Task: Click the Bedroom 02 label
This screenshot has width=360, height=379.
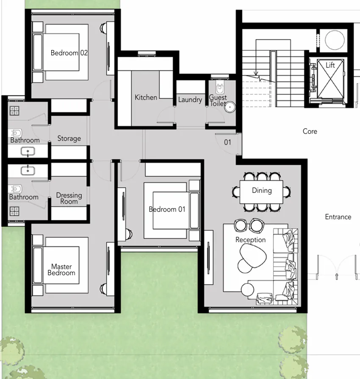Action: point(69,53)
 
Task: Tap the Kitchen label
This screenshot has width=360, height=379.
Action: point(146,98)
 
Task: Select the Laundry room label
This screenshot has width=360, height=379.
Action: point(190,100)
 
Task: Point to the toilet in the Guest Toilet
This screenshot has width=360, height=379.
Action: point(219,89)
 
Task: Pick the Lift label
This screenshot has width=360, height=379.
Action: point(330,65)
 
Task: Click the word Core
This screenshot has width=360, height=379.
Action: point(310,131)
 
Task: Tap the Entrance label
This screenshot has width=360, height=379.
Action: point(338,217)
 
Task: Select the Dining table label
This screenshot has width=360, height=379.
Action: point(262,190)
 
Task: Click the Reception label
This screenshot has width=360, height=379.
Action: point(251,240)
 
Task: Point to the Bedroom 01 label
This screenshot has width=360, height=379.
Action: point(167,209)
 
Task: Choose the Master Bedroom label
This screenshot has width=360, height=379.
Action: point(61,270)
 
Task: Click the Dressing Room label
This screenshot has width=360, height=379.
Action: point(69,198)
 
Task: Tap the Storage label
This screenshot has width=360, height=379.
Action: point(69,139)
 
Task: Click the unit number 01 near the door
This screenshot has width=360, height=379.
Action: point(227,142)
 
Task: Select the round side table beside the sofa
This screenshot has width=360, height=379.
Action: point(247,290)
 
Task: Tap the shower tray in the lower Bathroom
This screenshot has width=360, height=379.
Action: point(15,211)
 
